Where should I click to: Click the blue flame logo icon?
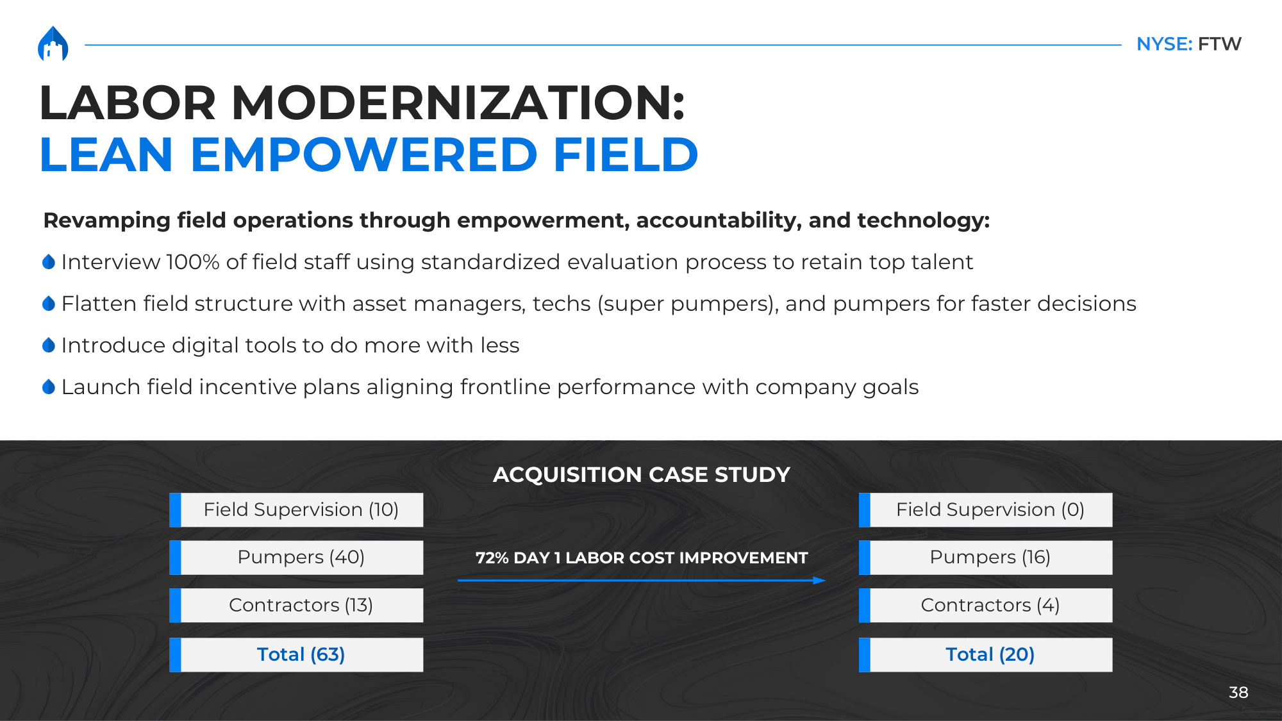click(x=53, y=44)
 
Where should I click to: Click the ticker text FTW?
click(x=1219, y=44)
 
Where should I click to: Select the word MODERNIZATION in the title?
click(x=458, y=103)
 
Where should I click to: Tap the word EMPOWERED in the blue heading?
click(x=363, y=155)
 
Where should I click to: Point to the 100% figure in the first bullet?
click(x=193, y=262)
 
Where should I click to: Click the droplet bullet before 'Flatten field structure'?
click(x=49, y=303)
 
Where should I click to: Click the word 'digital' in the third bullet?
click(x=205, y=345)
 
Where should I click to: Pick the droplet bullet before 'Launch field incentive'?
click(x=49, y=386)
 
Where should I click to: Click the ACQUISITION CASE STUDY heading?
click(x=641, y=475)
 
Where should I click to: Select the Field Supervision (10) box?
click(x=296, y=510)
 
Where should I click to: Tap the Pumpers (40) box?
click(x=296, y=558)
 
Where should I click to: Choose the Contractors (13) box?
click(x=296, y=606)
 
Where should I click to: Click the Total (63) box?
click(x=296, y=655)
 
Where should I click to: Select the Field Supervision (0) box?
click(x=986, y=510)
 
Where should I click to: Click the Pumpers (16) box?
click(x=986, y=558)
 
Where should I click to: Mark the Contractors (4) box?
click(x=986, y=606)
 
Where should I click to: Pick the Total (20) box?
click(x=986, y=655)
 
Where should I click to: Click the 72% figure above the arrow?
click(x=492, y=558)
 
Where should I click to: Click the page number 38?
click(x=1238, y=693)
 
